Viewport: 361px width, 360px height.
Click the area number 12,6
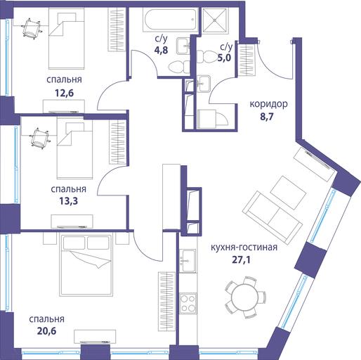pos(64,93)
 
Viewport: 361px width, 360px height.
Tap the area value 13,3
pos(68,201)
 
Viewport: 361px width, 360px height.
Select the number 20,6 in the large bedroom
pos(46,331)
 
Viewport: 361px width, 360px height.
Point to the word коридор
pos(268,104)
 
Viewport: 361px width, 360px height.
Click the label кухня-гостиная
pos(244,247)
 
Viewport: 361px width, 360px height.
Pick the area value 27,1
pos(241,260)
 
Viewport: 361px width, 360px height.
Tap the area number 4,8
pos(161,50)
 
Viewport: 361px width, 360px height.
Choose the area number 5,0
pos(224,58)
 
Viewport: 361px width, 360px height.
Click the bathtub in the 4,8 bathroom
pos(170,20)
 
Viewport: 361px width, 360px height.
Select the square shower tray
pos(215,20)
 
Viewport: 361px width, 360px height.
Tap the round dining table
pos(244,297)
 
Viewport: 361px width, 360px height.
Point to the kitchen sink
pos(188,261)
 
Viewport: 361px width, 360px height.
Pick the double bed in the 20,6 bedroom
pos(86,264)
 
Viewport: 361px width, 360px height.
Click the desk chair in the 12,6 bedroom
pos(32,28)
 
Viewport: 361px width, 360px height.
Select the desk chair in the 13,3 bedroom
pos(40,139)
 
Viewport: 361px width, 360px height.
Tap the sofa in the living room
pos(273,216)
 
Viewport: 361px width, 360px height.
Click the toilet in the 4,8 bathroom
pos(179,67)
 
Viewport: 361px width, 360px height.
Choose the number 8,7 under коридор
pos(267,117)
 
